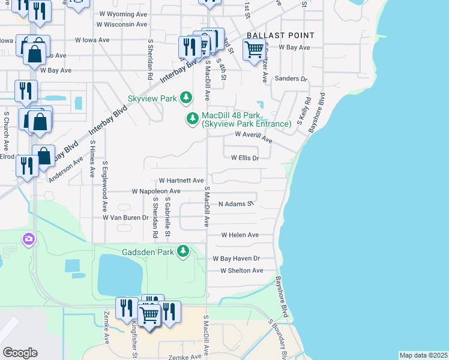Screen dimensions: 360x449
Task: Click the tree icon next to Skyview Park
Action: (x=186, y=97)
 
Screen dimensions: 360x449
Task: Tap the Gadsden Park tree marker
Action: (x=186, y=251)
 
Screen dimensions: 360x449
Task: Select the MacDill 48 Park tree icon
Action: (x=193, y=119)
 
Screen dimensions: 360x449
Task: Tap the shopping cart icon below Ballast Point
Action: (x=253, y=50)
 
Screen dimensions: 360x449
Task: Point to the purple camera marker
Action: (x=28, y=240)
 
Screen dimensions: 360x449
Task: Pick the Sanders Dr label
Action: (x=291, y=79)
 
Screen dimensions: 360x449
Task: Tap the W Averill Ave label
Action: (x=253, y=137)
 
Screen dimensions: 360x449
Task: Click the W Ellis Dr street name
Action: (x=245, y=158)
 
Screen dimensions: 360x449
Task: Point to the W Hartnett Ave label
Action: (x=181, y=181)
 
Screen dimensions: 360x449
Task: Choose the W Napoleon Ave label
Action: (x=156, y=191)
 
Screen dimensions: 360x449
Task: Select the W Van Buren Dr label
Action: (x=125, y=217)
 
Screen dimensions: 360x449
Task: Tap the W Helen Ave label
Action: (x=240, y=235)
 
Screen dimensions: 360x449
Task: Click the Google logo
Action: (x=20, y=353)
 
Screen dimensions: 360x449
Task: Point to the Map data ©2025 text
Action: (x=423, y=355)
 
